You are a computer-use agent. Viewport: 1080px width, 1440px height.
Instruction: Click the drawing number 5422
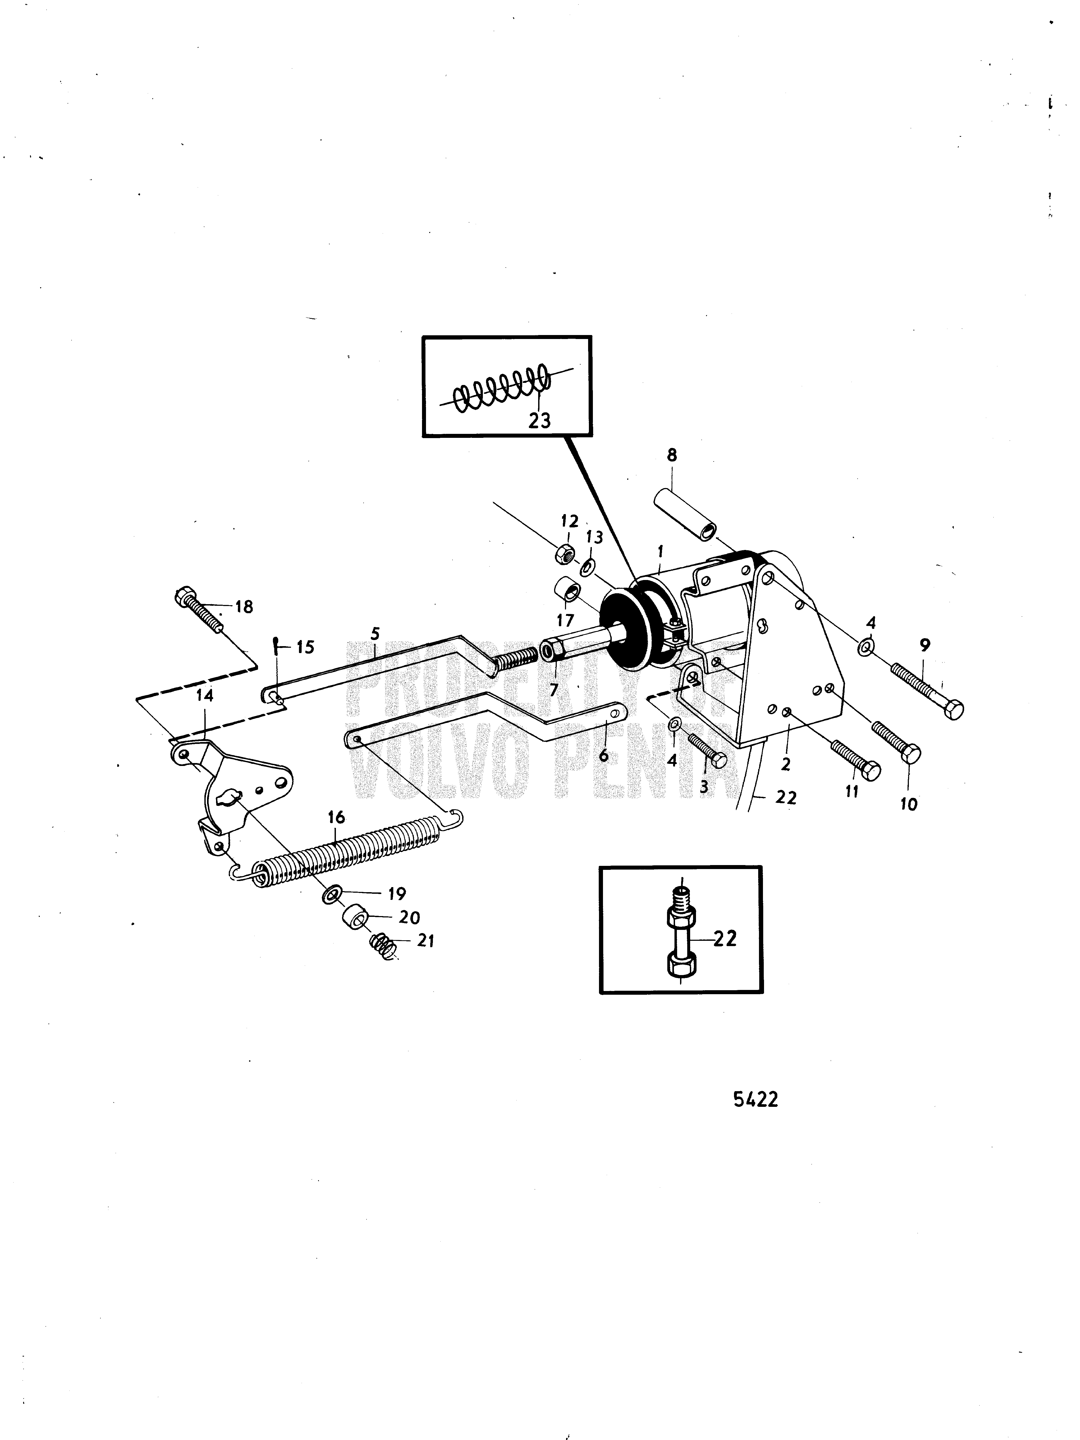tap(755, 1100)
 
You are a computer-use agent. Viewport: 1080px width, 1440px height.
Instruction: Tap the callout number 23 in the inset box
tap(539, 421)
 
